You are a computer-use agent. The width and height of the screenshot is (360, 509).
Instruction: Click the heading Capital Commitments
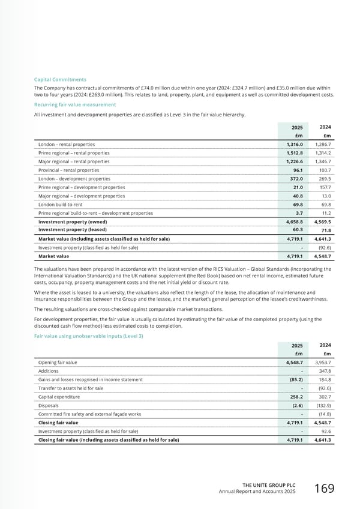pos(59,80)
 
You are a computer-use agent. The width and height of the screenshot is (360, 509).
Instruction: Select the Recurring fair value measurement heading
pos(68,104)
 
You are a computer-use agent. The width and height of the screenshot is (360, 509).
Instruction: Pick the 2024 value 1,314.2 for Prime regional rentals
pos(323,153)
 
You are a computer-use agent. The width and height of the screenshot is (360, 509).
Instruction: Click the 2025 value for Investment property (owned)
pos(293,221)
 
